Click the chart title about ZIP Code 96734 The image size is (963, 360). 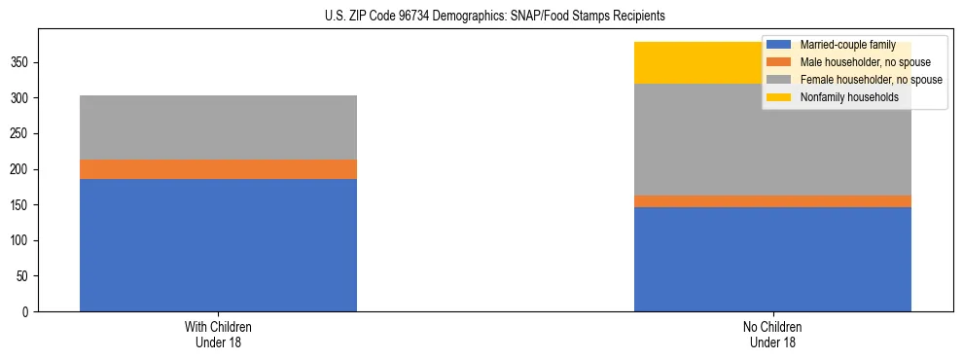tap(495, 17)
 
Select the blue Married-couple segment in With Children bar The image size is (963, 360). tap(218, 245)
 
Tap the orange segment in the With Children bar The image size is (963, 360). tap(218, 169)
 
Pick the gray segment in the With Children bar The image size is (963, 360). tap(218, 127)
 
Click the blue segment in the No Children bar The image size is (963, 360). tap(772, 259)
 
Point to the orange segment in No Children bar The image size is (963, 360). tap(772, 201)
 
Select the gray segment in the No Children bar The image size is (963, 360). tap(772, 139)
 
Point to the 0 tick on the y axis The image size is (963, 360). tap(28, 312)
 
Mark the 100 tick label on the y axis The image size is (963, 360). tap(22, 240)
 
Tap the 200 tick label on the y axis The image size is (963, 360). tap(22, 169)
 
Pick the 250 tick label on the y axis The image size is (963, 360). tap(22, 134)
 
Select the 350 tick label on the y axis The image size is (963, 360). tap(22, 63)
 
